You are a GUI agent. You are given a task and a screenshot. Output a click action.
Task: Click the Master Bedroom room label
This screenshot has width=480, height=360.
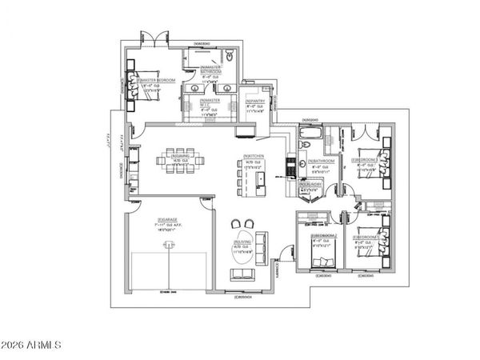156,80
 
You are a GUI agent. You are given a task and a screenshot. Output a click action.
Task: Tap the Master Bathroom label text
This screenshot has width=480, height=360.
211,70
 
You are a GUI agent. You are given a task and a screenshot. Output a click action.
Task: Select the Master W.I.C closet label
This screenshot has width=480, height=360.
198,100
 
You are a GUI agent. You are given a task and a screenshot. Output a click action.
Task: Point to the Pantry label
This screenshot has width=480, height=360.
255,101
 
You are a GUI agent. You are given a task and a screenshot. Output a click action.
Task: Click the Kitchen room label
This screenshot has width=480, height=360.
255,156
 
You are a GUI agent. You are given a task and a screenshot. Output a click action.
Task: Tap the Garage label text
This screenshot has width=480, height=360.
168,221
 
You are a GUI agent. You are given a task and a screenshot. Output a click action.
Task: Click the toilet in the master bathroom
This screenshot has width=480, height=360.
229,57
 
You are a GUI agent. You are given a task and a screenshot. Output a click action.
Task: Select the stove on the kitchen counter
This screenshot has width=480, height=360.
290,166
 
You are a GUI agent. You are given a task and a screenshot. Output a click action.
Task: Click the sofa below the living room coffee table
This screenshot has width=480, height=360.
243,276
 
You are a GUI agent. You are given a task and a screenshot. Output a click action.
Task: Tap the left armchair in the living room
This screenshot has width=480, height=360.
235,224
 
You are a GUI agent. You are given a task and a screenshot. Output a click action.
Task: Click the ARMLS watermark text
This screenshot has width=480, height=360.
33,345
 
